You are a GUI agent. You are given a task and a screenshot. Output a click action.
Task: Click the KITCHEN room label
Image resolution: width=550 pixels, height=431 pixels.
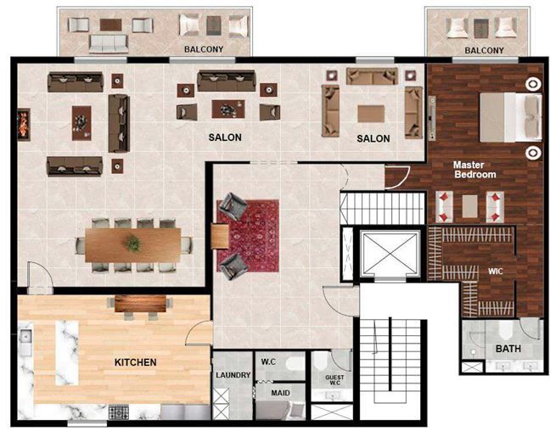tap(136, 362)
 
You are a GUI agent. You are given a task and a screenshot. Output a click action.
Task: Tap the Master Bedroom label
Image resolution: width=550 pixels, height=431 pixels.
tap(474, 170)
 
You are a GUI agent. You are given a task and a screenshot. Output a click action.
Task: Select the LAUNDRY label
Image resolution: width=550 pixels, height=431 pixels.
tap(233, 375)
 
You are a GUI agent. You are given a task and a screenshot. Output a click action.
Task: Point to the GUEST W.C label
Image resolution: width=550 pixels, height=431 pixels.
tap(334, 380)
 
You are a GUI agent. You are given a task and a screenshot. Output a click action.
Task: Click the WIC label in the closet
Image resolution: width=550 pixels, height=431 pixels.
tap(496, 271)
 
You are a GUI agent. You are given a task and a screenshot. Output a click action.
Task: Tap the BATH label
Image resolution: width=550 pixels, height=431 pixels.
tap(508, 349)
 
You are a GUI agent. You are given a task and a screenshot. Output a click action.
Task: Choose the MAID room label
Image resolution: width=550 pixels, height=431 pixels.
tap(281, 393)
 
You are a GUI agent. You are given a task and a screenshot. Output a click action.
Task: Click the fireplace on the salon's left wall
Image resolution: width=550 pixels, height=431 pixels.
tap(24, 125)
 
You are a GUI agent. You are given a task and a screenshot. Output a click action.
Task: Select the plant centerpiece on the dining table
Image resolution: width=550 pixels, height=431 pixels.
tap(133, 243)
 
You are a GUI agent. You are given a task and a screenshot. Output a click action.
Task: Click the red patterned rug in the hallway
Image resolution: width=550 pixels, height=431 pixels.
tap(248, 236)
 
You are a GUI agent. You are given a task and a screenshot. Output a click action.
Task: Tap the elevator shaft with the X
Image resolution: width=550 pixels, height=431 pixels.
tap(390, 253)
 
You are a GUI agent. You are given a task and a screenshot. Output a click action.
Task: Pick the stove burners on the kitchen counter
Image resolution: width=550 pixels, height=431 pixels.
tap(119, 412)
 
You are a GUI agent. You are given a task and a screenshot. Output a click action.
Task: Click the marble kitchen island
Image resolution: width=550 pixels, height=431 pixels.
tap(67, 353)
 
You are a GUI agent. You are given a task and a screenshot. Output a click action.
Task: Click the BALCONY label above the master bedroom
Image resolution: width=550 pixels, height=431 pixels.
tap(484, 51)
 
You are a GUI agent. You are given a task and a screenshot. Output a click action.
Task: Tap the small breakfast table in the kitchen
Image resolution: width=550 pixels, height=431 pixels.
tap(140, 304)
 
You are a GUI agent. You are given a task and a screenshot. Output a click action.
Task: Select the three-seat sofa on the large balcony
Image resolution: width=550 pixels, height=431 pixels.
tap(109, 44)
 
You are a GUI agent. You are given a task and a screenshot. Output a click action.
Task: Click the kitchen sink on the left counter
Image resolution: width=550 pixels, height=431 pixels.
tap(26, 338)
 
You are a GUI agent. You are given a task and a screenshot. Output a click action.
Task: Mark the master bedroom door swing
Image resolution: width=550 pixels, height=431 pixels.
tap(397, 177)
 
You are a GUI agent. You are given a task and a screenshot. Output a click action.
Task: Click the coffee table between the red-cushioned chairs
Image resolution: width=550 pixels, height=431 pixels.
tap(469, 206)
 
